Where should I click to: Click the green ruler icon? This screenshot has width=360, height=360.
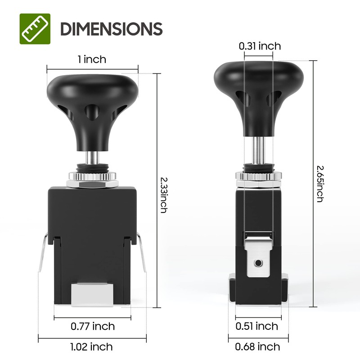(35, 29)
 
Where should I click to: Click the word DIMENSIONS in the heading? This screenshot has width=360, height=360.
(111, 29)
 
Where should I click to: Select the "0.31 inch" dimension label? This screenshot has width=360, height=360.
(260, 46)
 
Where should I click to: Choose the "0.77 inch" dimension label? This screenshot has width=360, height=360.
(93, 326)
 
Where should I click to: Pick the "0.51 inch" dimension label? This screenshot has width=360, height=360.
(257, 326)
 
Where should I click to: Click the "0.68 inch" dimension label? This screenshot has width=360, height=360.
(257, 346)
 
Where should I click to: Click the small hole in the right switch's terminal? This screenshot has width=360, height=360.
(258, 262)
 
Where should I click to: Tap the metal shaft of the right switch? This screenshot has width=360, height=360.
(258, 151)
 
